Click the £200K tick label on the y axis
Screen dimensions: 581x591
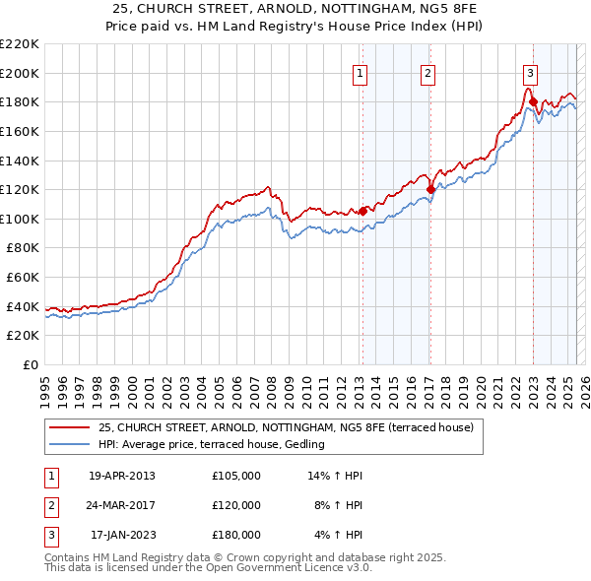[x=20, y=73]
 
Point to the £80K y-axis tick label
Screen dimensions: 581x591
[x=23, y=248]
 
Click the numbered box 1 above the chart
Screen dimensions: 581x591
[x=360, y=72]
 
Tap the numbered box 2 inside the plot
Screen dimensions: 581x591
[x=428, y=72]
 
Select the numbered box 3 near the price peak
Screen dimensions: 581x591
[x=531, y=72]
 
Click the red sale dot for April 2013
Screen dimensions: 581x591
[x=362, y=211]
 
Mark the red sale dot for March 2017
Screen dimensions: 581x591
[x=430, y=189]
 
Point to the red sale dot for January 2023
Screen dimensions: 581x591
[x=533, y=101]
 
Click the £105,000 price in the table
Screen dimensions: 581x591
[x=235, y=476]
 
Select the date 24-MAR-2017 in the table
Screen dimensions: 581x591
[x=121, y=505]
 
